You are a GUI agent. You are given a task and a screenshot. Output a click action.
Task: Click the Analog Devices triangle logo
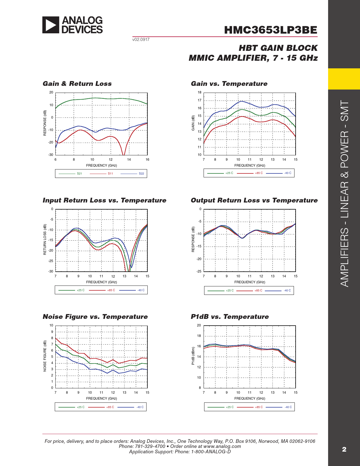pyautogui.click(x=51, y=25)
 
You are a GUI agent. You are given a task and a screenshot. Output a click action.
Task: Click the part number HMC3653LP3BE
pyautogui.click(x=270, y=30)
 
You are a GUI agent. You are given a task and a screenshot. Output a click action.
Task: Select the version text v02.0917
pyautogui.click(x=141, y=40)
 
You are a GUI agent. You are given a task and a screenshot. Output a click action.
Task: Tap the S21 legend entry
pyautogui.click(x=79, y=173)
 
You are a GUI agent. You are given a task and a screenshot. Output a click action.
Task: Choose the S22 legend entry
pyautogui.click(x=141, y=173)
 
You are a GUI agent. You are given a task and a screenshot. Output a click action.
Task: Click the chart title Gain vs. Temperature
pyautogui.click(x=229, y=84)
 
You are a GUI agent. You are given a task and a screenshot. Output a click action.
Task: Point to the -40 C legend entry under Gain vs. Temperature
pyautogui.click(x=287, y=173)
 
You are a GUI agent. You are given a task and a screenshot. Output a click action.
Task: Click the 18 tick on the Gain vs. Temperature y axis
pyautogui.click(x=200, y=92)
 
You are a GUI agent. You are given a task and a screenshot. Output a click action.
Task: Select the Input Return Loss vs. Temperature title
pyautogui.click(x=104, y=200)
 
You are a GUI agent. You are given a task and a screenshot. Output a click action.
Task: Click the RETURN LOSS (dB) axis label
pyautogui.click(x=45, y=239)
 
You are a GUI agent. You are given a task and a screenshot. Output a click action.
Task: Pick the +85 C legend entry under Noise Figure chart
pyautogui.click(x=110, y=407)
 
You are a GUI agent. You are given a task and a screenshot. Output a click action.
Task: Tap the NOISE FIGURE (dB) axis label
pyautogui.click(x=45, y=356)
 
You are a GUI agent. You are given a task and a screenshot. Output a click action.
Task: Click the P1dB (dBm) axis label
pyautogui.click(x=193, y=356)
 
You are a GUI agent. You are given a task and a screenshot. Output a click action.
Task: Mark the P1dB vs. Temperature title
pyautogui.click(x=230, y=317)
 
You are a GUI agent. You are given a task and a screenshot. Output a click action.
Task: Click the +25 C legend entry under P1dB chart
pyautogui.click(x=230, y=407)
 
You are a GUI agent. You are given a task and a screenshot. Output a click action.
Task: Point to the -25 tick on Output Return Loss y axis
pyautogui.click(x=199, y=271)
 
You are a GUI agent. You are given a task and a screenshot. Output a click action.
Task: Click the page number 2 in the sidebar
pyautogui.click(x=344, y=449)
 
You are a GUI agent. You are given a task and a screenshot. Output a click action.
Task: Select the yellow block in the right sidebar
pyautogui.click(x=344, y=79)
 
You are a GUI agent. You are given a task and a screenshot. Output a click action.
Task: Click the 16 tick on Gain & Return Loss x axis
pyautogui.click(x=147, y=160)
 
